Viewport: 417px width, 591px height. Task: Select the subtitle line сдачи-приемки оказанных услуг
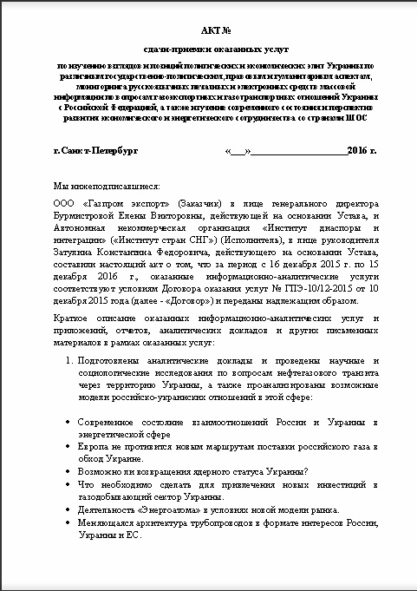208,52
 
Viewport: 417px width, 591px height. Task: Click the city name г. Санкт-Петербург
95,151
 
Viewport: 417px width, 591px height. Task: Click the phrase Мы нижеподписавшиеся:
100,186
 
